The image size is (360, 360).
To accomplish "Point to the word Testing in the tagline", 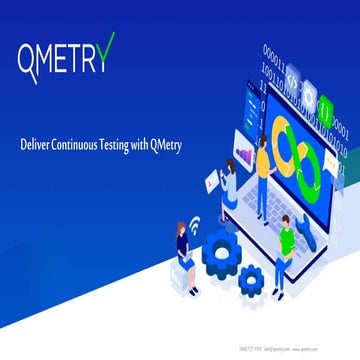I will click(126, 143).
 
